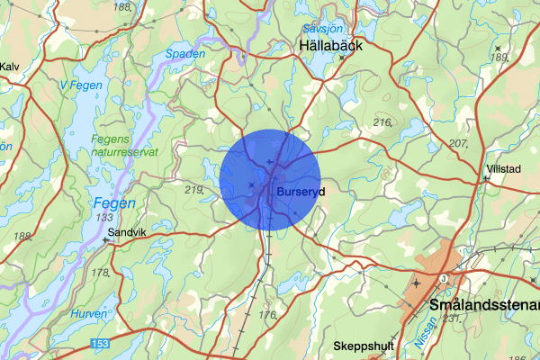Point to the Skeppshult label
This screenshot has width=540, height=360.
click(364, 346)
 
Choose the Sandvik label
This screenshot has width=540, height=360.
click(127, 231)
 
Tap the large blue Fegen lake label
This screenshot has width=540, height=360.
click(114, 203)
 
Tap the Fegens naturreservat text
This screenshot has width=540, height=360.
click(125, 145)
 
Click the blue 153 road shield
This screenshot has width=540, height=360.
click(102, 344)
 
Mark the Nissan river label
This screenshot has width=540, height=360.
click(428, 335)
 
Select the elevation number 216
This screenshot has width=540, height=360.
click(382, 122)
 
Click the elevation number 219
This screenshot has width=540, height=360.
click(193, 190)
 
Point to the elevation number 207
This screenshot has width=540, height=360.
click(459, 144)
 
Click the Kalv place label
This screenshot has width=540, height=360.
click(9, 67)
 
